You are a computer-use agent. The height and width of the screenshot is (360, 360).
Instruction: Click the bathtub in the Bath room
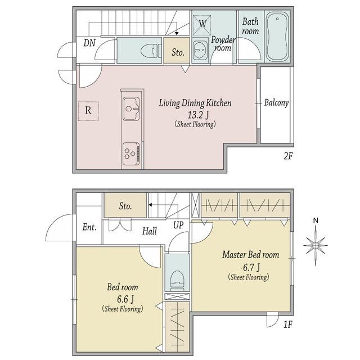click(277, 36)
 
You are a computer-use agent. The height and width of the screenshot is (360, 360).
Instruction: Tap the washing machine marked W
click(202, 24)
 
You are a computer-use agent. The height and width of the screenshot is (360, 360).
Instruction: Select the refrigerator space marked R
click(88, 111)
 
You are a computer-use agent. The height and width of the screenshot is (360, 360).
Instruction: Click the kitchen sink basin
click(131, 109)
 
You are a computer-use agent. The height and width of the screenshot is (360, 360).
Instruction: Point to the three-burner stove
click(131, 154)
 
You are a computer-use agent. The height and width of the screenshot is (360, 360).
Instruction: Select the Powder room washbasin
click(200, 50)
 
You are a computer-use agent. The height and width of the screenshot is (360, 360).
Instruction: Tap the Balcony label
click(276, 102)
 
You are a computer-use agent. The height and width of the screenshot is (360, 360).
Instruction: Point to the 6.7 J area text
click(251, 267)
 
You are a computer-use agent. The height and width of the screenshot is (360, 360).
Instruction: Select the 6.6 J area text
click(125, 299)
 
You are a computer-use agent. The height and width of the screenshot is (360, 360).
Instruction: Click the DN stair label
click(89, 43)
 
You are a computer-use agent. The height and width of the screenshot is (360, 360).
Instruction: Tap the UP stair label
click(178, 226)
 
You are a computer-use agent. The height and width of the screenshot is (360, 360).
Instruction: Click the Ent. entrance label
click(89, 227)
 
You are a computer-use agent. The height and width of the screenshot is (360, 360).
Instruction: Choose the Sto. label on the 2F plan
click(178, 52)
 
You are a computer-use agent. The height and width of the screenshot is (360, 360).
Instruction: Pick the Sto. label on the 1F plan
click(125, 206)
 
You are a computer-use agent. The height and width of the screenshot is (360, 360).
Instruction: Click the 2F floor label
click(288, 156)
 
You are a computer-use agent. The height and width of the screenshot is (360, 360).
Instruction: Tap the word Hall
click(150, 231)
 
